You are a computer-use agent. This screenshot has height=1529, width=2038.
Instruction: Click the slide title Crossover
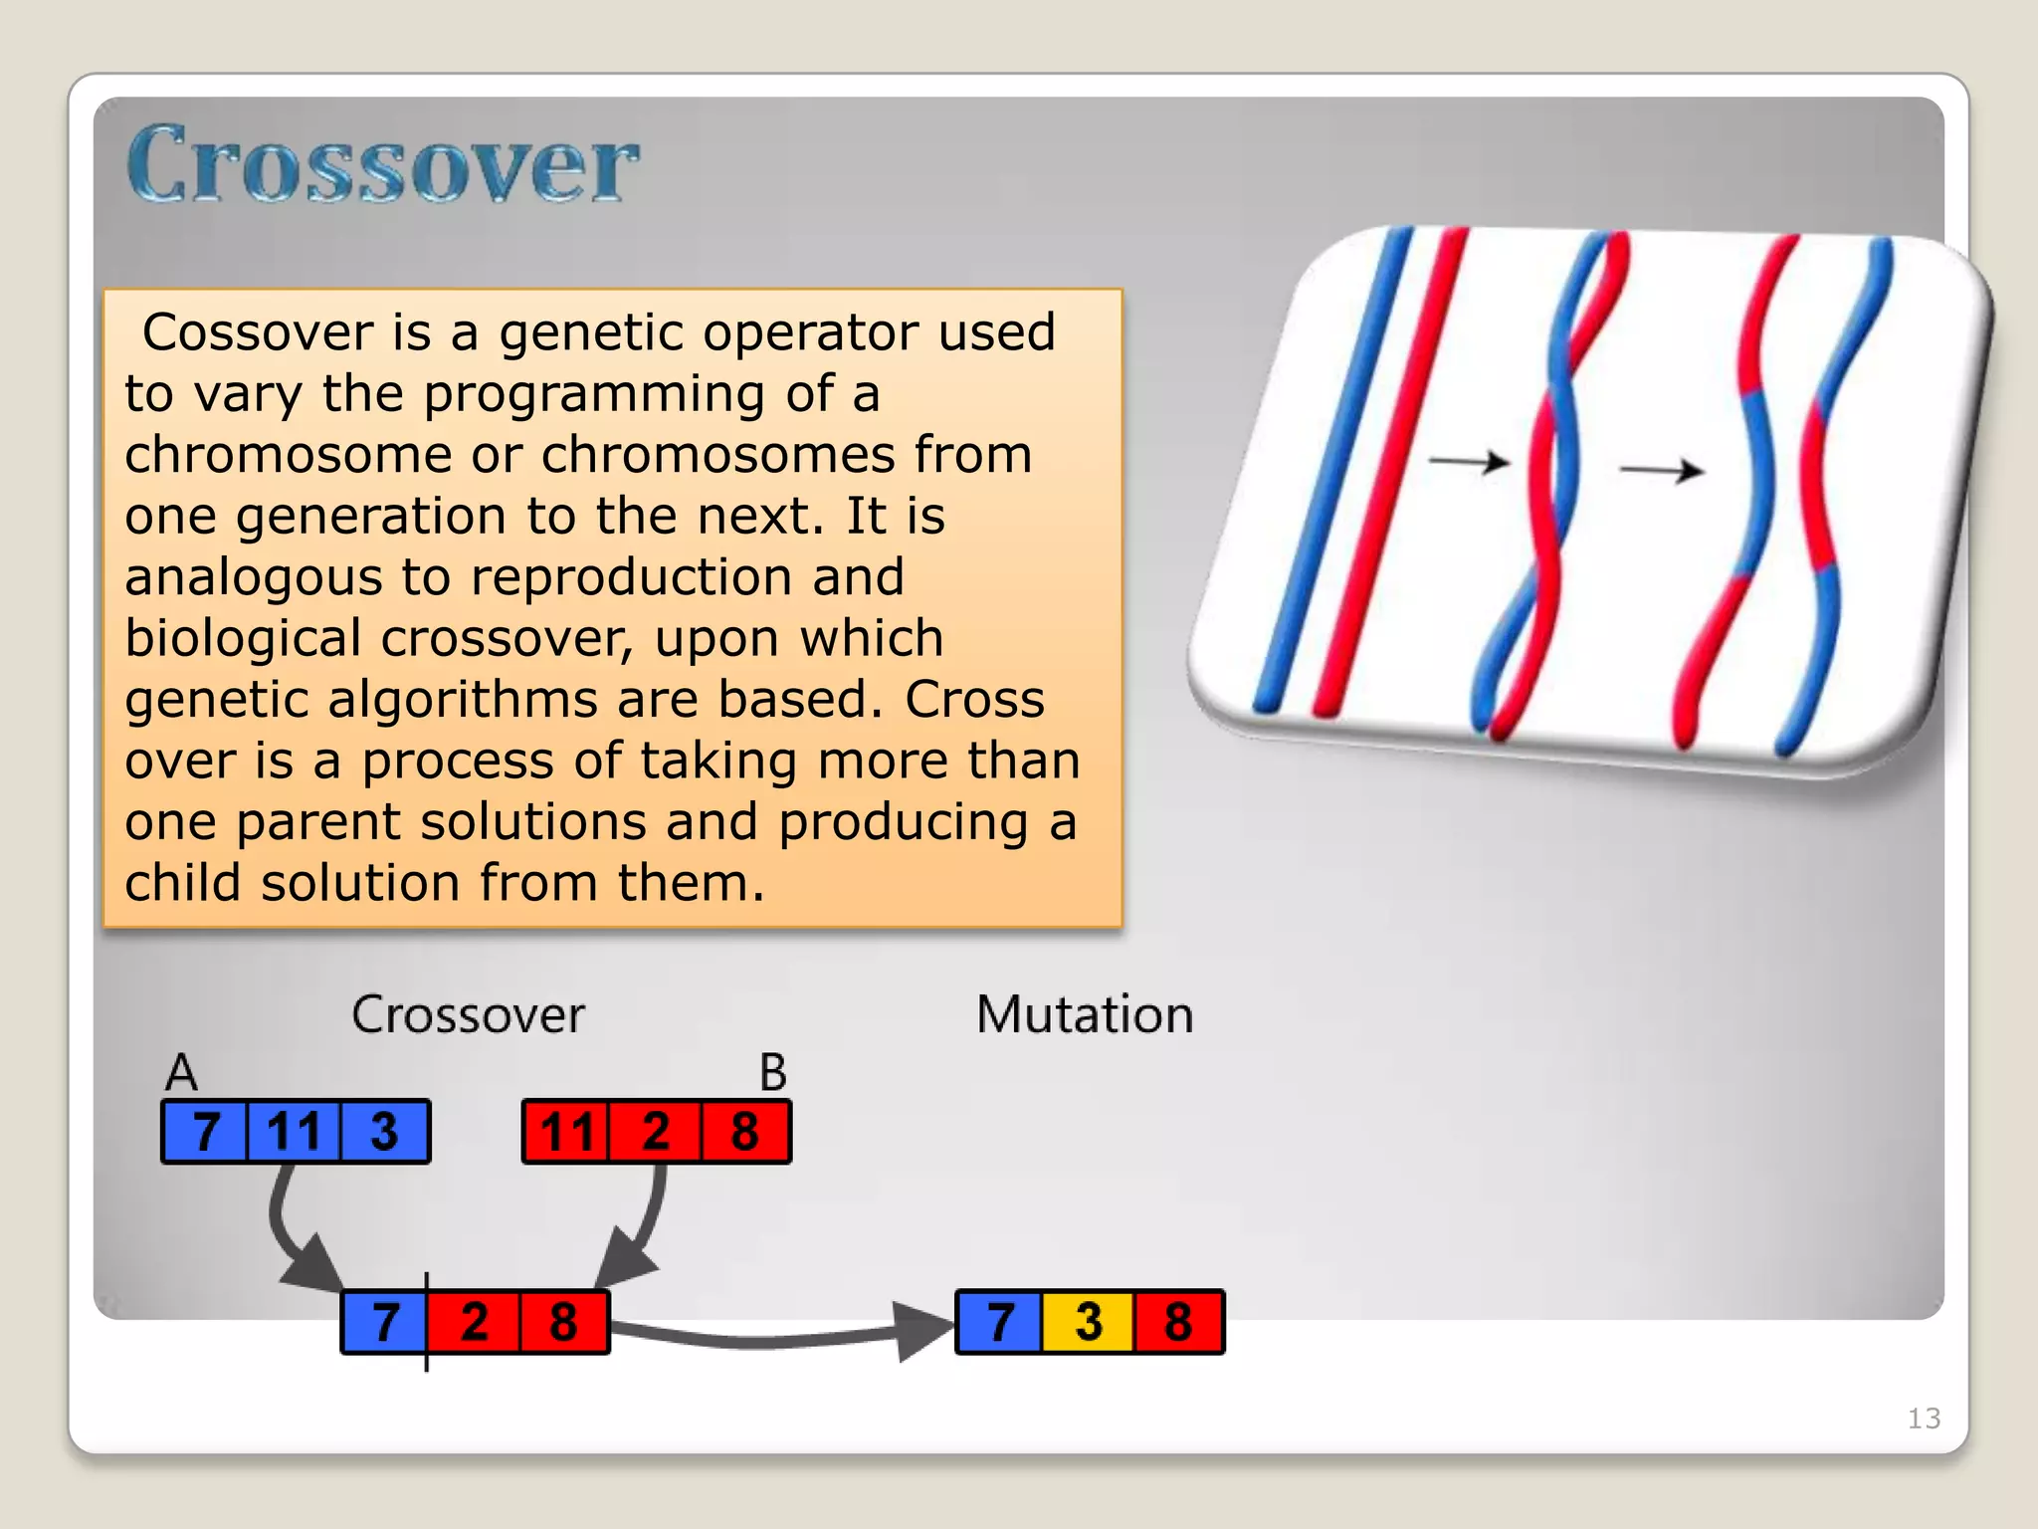coord(382,164)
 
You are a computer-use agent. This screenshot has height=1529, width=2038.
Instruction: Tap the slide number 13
coord(1923,1418)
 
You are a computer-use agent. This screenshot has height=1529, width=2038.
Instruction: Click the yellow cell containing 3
coord(1088,1322)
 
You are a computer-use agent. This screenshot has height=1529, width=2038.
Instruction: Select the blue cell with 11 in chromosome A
coord(294,1132)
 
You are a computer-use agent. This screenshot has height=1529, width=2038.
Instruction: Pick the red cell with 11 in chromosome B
coord(565,1132)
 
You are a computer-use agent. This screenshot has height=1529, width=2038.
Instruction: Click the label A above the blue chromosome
coord(181,1073)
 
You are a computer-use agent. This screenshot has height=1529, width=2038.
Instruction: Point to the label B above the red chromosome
coord(772,1073)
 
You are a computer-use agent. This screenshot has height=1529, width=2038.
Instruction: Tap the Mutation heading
coord(1085,1014)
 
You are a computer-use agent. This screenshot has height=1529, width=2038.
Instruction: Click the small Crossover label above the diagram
coord(468,1014)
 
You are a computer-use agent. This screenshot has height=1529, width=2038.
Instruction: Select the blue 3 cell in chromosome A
coord(385,1132)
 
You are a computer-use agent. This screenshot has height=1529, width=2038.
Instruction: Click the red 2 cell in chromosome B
coord(655,1132)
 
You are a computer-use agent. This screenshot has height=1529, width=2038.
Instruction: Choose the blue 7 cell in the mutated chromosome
coord(999,1322)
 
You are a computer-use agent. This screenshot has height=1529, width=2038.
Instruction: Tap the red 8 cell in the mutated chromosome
coord(1178,1322)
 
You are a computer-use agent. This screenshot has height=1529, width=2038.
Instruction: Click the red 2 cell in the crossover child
coord(474,1322)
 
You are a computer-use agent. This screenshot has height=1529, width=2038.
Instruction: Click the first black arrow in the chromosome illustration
coord(1469,462)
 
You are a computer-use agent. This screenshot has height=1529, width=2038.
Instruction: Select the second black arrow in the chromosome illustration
coord(1662,470)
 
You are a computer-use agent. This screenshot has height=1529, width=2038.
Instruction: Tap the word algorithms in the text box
coord(463,699)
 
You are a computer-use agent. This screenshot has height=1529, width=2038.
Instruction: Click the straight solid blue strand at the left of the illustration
coord(1333,468)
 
